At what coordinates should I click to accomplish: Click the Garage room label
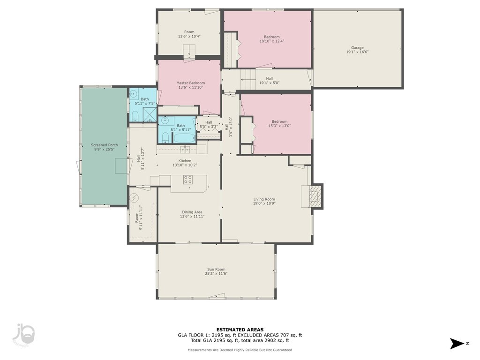point(357,48)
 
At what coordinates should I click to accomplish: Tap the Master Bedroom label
point(190,83)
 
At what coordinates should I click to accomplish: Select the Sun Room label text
point(216,270)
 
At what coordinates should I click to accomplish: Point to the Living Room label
point(264,199)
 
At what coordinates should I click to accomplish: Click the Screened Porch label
point(105,145)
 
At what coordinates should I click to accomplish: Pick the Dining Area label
point(192,212)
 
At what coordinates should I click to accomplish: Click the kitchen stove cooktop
point(188,180)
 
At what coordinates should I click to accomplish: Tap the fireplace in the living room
point(315,196)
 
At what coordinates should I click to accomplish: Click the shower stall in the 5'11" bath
point(150,115)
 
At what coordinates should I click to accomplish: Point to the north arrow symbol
point(457,344)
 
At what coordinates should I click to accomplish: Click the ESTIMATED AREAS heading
point(240,330)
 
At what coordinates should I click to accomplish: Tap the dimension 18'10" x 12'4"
point(272,41)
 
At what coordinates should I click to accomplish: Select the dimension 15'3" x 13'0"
point(279,126)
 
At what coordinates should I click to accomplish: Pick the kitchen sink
point(185,150)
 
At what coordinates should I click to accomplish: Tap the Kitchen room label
point(185,161)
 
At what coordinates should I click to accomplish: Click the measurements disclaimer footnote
point(240,350)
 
